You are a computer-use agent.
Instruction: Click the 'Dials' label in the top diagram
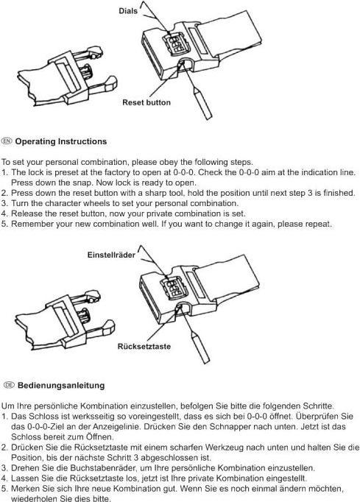pos(128,11)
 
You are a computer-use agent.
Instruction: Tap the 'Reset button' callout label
pos(147,102)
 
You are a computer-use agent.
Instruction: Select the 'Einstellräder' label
pos(111,255)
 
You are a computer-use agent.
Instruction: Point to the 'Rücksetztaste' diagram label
pos(144,347)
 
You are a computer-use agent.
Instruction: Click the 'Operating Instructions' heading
pos(61,141)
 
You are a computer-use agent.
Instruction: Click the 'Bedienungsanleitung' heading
pos(61,385)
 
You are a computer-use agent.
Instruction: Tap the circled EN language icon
pos(7,141)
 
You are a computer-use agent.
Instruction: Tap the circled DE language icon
pos(9,385)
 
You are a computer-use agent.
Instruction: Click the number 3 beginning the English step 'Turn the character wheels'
pos(4,204)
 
